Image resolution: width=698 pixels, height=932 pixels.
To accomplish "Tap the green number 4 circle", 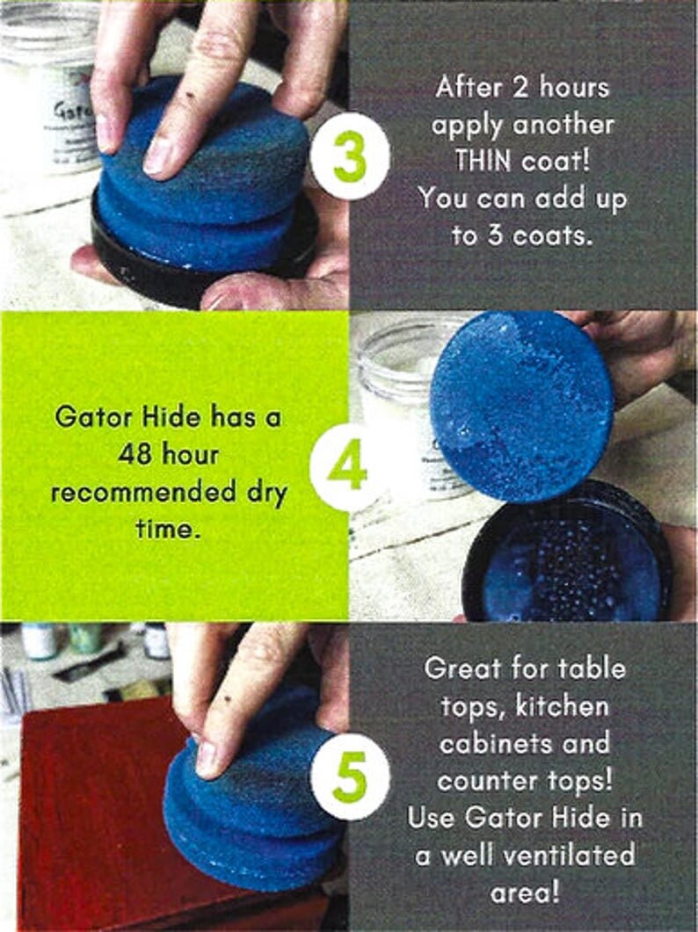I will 348,467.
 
